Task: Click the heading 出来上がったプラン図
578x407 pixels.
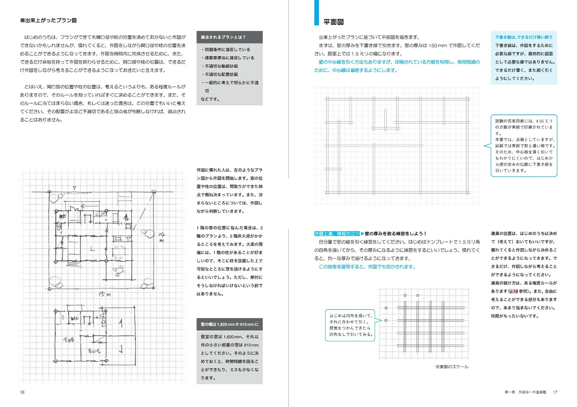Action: (49, 21)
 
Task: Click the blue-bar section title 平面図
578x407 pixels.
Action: (333, 22)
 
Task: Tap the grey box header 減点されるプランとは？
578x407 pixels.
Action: (223, 37)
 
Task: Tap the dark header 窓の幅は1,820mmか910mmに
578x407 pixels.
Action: (229, 324)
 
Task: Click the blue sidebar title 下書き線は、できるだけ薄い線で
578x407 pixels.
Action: (523, 37)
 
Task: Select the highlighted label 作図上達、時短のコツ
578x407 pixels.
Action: (337, 234)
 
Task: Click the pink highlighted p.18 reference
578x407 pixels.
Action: (514, 292)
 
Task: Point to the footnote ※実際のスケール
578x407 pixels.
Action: (452, 367)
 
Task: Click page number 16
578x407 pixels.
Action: (22, 392)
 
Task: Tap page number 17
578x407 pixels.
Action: (555, 392)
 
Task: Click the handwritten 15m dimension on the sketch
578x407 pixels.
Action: (104, 294)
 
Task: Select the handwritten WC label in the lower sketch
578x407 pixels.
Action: (75, 318)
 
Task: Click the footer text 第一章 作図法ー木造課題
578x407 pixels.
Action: (525, 392)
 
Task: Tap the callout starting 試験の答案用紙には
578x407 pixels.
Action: (524, 146)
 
